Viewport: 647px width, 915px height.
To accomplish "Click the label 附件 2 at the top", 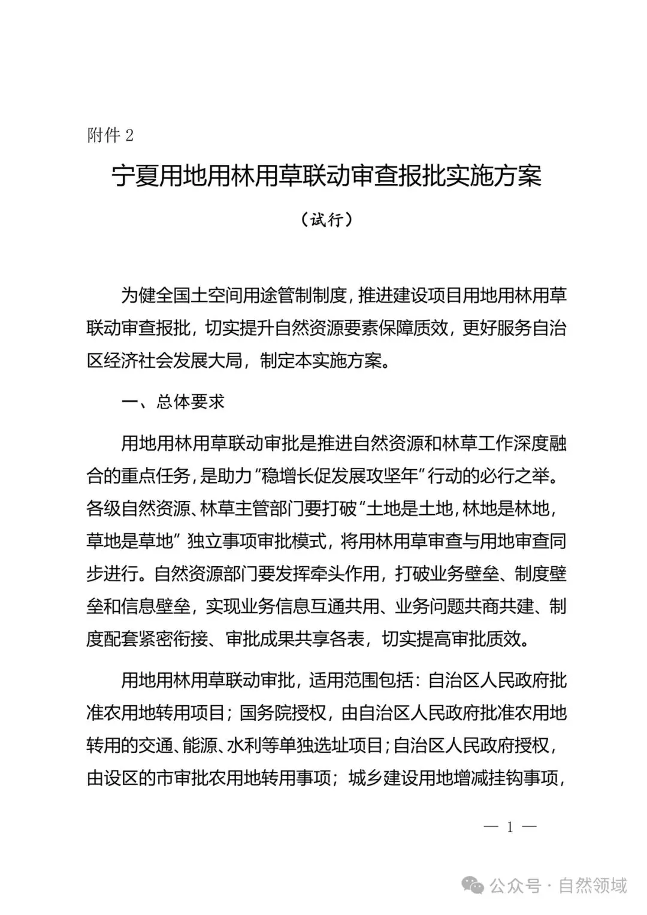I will coord(110,135).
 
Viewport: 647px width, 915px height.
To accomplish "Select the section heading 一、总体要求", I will coord(173,401).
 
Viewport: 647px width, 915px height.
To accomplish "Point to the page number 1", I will coord(510,828).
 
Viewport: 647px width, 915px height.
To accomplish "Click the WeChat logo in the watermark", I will coord(475,885).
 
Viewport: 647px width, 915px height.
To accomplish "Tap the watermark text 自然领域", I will coord(592,885).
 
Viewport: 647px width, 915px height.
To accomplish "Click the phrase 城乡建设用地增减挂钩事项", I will coord(453,778).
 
